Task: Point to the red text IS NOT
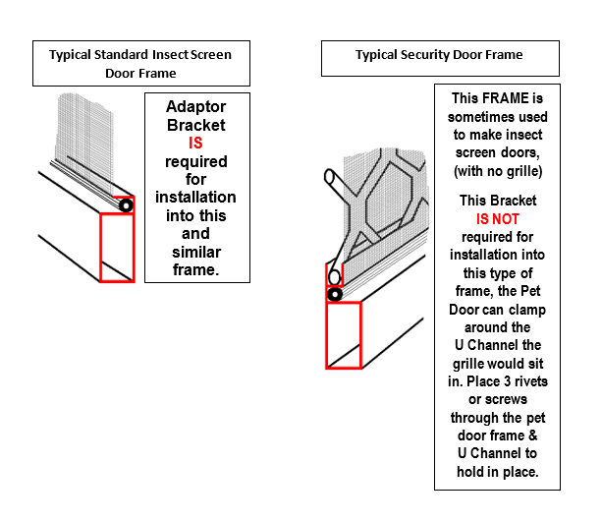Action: coord(497,219)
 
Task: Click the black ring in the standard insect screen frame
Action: coord(125,206)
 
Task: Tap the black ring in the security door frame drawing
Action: coord(336,294)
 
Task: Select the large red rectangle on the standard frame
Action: coord(117,247)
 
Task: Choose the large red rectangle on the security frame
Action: coord(343,335)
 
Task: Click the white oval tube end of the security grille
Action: coord(334,277)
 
